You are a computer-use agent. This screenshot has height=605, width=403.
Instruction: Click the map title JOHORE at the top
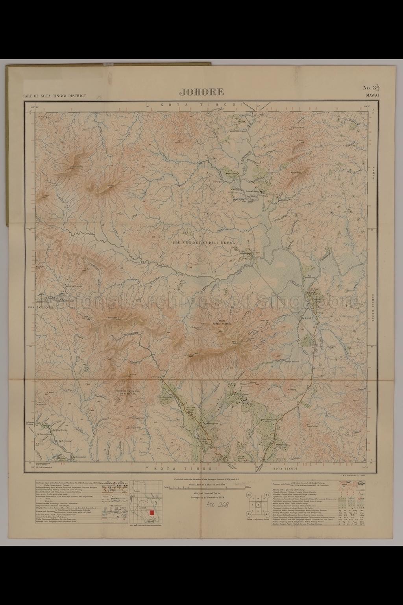coord(201,92)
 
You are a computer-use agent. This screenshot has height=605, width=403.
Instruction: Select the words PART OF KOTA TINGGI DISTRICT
coord(55,96)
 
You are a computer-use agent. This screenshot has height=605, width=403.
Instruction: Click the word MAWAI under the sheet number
coord(372,95)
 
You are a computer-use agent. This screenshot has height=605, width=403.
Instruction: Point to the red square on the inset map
coord(152,512)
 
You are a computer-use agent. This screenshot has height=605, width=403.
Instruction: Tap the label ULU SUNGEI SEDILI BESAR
coord(204,243)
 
